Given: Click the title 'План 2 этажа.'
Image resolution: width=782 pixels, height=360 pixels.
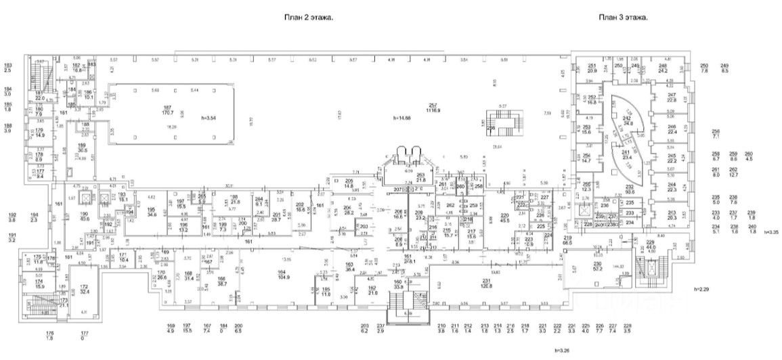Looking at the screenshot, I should pyautogui.click(x=308, y=18).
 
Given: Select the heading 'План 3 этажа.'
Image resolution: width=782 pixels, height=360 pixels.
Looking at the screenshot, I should pyautogui.click(x=624, y=18).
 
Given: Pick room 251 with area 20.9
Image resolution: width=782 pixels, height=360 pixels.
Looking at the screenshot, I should pyautogui.click(x=592, y=68).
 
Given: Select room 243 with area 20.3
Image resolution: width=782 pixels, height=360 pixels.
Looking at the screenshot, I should pyautogui.click(x=671, y=215).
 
